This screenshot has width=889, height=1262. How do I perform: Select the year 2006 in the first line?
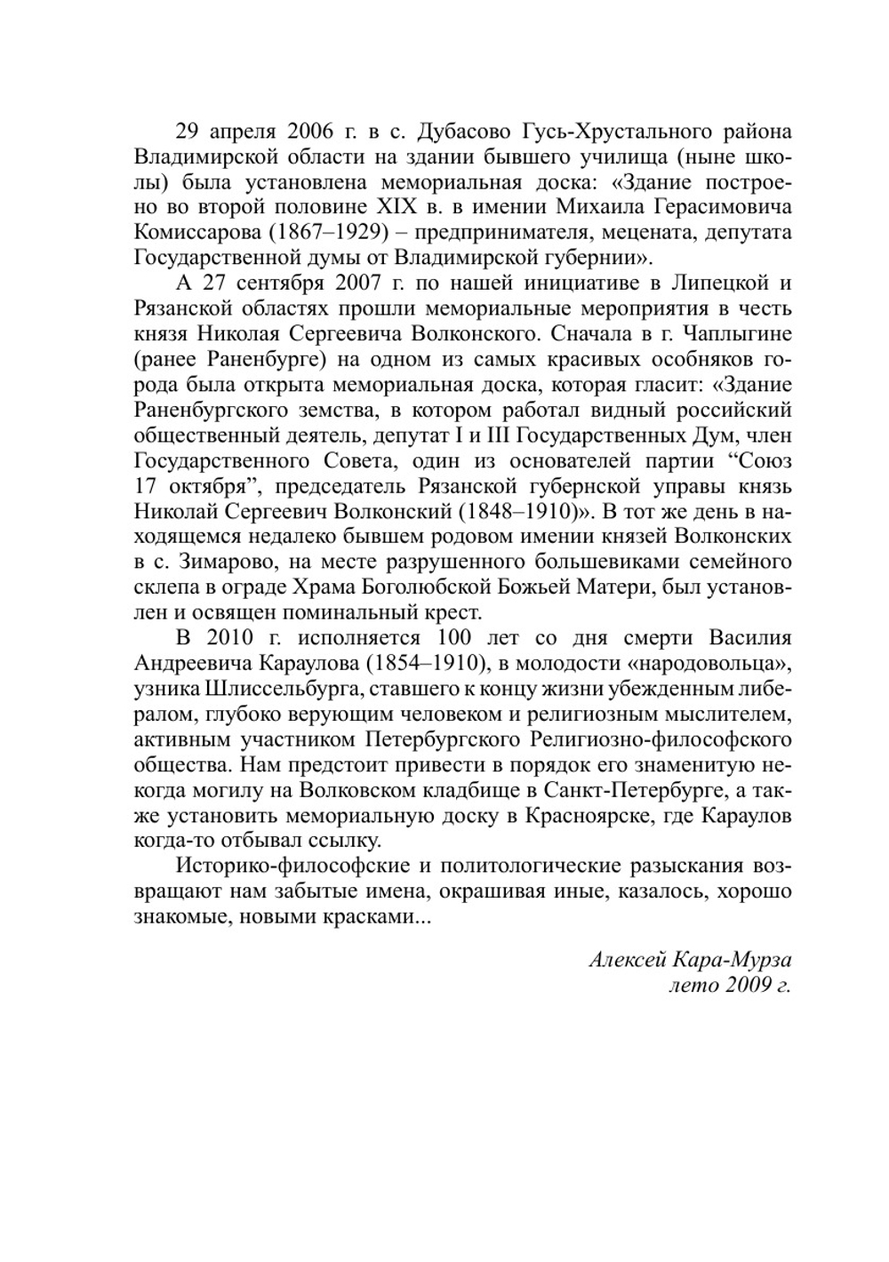click(x=310, y=132)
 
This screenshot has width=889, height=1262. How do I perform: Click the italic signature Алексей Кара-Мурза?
click(x=690, y=961)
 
